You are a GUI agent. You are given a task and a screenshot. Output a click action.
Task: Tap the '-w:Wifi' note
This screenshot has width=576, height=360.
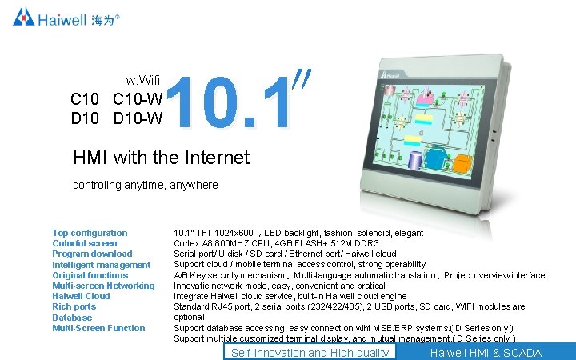click(x=141, y=81)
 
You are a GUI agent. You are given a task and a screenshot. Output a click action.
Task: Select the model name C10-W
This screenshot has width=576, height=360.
click(x=138, y=100)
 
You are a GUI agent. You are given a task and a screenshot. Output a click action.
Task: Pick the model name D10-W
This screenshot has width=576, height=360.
click(x=138, y=119)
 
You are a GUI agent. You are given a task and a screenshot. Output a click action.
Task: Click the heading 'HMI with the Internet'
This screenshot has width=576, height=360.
click(x=161, y=158)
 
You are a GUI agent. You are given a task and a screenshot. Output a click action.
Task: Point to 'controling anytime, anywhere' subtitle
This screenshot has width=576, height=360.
click(x=145, y=185)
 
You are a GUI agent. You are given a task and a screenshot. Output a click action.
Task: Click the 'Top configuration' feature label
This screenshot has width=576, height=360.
click(x=90, y=233)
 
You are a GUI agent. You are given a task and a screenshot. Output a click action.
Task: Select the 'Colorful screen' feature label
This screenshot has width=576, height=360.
click(x=84, y=243)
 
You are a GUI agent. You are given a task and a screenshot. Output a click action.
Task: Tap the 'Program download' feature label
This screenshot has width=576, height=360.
click(x=92, y=254)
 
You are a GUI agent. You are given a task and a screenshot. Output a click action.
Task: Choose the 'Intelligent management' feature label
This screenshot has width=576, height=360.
click(x=101, y=265)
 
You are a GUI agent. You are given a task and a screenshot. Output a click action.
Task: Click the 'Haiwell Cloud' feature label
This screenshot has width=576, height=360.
click(x=81, y=296)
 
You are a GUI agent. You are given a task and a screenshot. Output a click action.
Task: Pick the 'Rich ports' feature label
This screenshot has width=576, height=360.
click(x=74, y=306)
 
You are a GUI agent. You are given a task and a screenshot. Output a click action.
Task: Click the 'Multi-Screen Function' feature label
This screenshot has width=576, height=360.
click(x=98, y=328)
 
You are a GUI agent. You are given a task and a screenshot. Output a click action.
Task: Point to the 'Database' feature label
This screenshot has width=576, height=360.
click(x=72, y=318)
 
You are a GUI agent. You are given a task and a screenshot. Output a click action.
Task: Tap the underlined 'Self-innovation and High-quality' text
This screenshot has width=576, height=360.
click(x=310, y=353)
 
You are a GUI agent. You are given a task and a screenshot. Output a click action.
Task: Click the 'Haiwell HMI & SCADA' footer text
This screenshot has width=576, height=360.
click(x=485, y=353)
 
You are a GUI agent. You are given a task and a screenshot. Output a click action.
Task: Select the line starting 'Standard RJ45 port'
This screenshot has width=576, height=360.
click(x=350, y=306)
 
